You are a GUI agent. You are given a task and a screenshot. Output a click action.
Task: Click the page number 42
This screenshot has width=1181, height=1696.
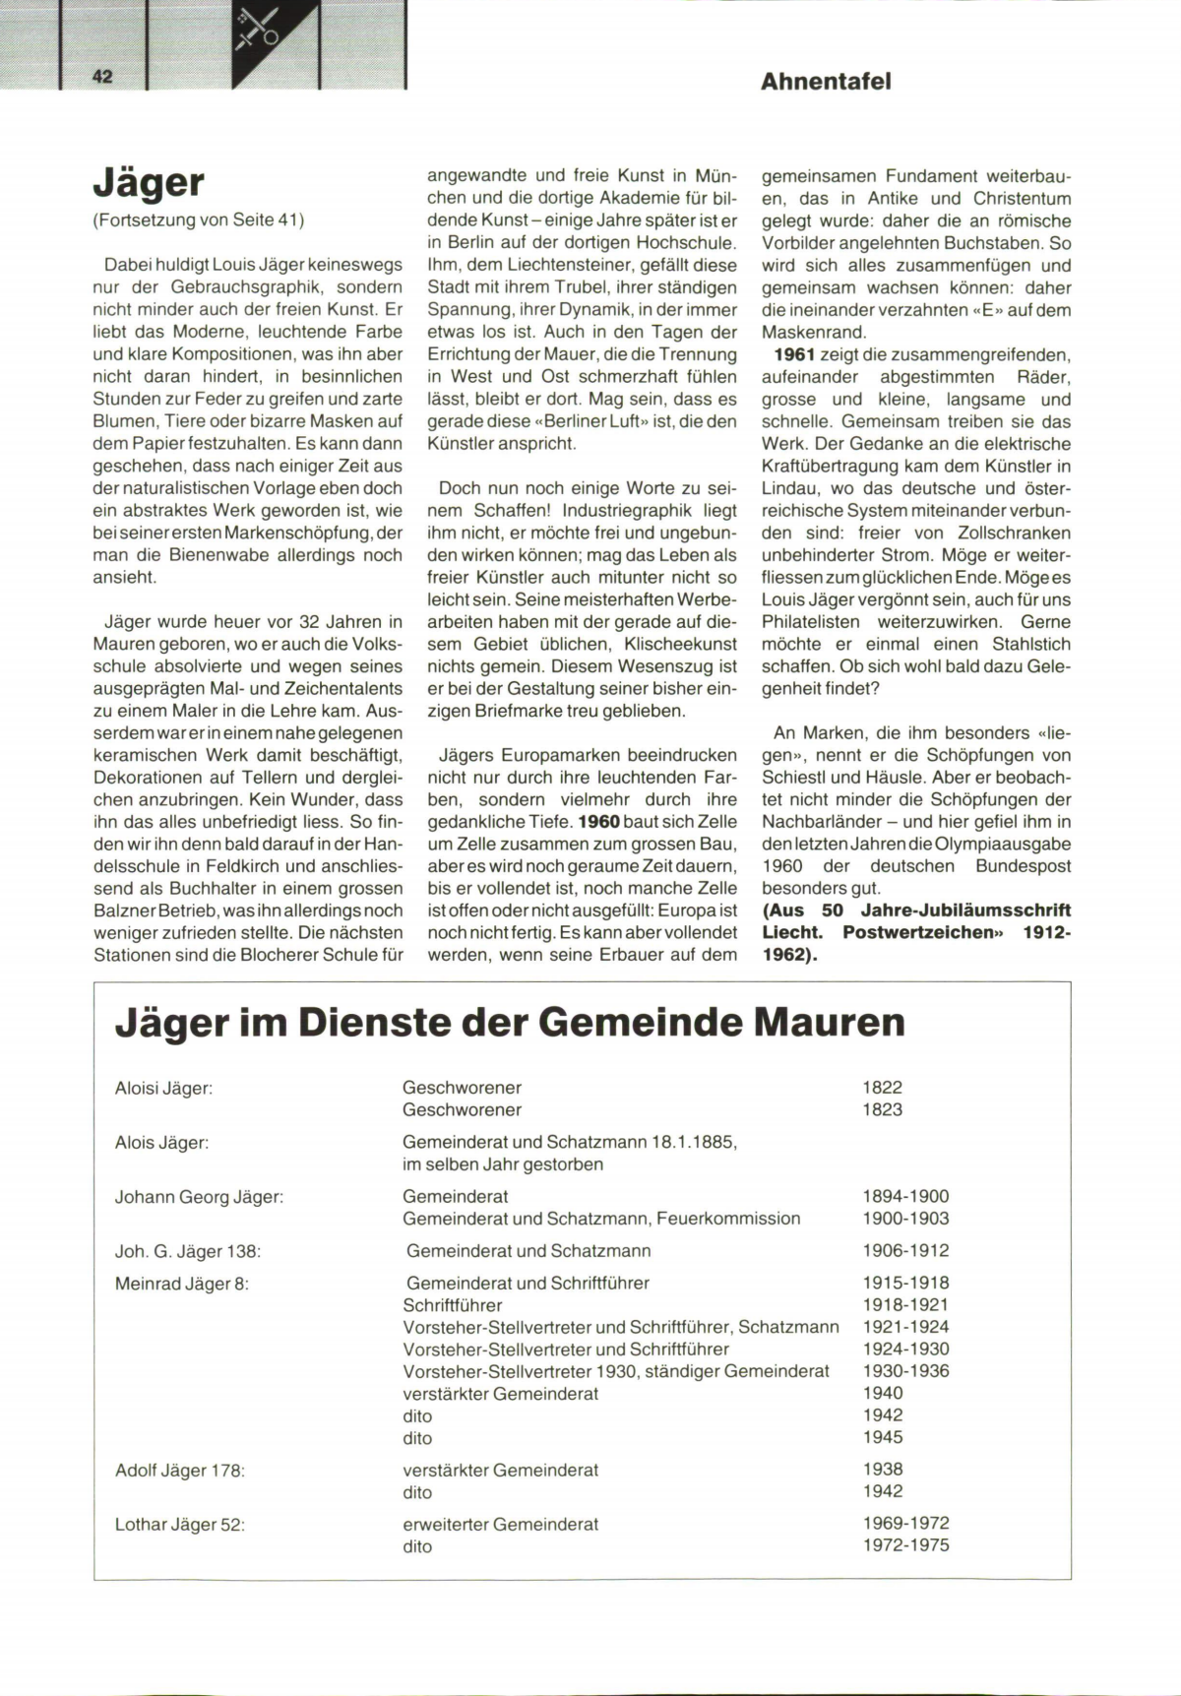point(103,77)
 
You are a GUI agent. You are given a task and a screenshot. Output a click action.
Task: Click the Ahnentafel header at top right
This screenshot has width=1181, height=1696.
point(826,82)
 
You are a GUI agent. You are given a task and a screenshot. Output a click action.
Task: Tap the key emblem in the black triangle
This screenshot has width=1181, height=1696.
point(258,31)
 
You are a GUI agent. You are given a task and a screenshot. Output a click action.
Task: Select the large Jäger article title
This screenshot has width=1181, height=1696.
point(149,183)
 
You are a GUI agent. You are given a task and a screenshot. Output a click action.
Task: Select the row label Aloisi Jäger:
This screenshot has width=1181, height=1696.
point(163,1088)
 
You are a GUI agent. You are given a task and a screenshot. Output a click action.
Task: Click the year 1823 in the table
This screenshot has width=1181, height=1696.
point(882,1109)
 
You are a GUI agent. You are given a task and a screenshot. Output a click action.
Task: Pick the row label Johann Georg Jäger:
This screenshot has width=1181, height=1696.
point(199,1197)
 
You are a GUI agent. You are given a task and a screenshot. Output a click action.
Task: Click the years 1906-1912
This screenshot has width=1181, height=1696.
point(905,1250)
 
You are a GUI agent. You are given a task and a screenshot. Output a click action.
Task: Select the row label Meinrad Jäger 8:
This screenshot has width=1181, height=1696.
point(182,1284)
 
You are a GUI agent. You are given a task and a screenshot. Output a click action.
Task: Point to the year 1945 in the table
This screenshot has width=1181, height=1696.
point(882,1437)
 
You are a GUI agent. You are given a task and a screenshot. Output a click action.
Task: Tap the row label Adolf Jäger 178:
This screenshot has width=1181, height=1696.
point(179,1471)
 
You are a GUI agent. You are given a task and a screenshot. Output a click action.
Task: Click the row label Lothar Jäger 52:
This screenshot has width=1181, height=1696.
point(179,1525)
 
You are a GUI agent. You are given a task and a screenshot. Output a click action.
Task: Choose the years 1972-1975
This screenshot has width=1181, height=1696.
point(905,1545)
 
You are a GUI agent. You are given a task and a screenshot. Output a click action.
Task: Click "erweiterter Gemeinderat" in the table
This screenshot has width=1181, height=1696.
point(500,1524)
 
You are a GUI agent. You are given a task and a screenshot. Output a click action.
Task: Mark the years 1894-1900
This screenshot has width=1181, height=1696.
point(905,1197)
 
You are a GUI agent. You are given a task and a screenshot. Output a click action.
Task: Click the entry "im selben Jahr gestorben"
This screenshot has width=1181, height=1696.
point(503,1164)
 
